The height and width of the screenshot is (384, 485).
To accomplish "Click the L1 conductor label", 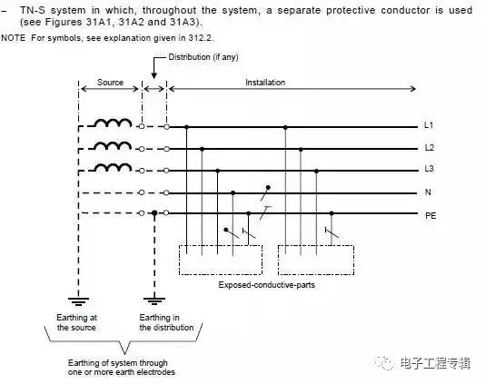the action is tap(429, 125).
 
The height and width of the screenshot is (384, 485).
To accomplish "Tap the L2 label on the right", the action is tap(430, 147).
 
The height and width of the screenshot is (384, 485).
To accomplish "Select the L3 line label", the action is tap(429, 169).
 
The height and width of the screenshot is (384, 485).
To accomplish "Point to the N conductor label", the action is tap(428, 192).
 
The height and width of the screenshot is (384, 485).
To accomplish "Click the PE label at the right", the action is tap(431, 215).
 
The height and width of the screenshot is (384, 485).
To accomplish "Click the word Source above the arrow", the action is tap(110, 83).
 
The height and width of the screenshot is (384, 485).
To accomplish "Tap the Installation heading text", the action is tap(265, 83).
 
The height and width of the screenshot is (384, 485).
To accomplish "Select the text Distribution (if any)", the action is tap(203, 57).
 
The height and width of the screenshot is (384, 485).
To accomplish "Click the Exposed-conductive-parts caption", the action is tap(267, 285).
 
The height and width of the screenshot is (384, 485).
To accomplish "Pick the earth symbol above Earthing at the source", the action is tap(79, 300).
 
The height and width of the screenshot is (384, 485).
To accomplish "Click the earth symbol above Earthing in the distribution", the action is tap(154, 300).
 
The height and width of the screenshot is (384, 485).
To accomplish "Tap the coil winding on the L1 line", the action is tap(113, 123).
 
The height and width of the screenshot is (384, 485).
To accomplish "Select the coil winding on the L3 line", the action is tap(113, 167).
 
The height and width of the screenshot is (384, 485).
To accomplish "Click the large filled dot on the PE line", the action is tap(154, 212).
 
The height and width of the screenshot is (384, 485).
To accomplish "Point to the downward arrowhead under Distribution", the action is tap(153, 75).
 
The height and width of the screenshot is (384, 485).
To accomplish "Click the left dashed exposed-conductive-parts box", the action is tap(180, 260).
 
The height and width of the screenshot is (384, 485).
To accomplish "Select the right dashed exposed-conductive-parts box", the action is tap(279, 260).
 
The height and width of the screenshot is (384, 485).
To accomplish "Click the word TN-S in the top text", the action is tap(33, 10).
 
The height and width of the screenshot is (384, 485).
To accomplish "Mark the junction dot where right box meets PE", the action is tap(332, 213).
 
